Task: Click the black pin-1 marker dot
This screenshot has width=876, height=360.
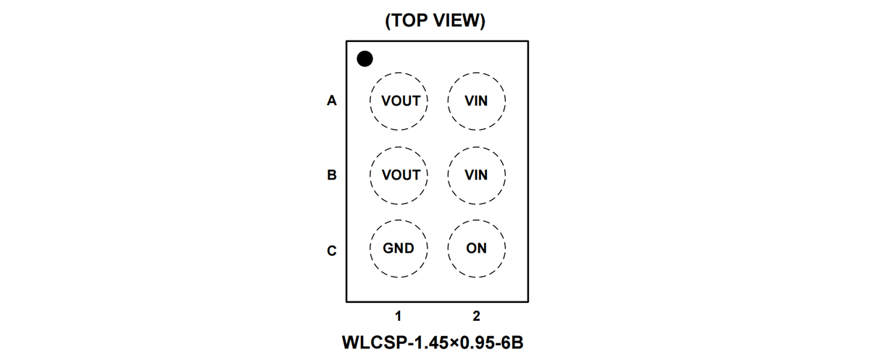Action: point(364,59)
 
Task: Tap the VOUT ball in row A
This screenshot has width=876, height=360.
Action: point(399,101)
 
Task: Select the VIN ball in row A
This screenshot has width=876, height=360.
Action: point(476,101)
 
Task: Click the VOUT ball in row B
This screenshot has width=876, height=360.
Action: point(399,175)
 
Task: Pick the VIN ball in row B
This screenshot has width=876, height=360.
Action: point(476,175)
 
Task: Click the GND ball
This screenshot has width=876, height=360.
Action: point(399,248)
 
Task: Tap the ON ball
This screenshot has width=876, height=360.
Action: point(476,248)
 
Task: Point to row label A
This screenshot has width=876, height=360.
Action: point(332,101)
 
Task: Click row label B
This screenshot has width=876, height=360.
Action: point(332,175)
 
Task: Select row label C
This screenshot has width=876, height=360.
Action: point(332,251)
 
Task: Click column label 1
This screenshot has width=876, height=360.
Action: point(399,316)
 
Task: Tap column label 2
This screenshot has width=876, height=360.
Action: point(476,316)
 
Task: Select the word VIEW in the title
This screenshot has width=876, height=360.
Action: point(456,21)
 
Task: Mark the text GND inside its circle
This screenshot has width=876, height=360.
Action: point(399,248)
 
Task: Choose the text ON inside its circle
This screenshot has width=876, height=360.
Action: point(476,248)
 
